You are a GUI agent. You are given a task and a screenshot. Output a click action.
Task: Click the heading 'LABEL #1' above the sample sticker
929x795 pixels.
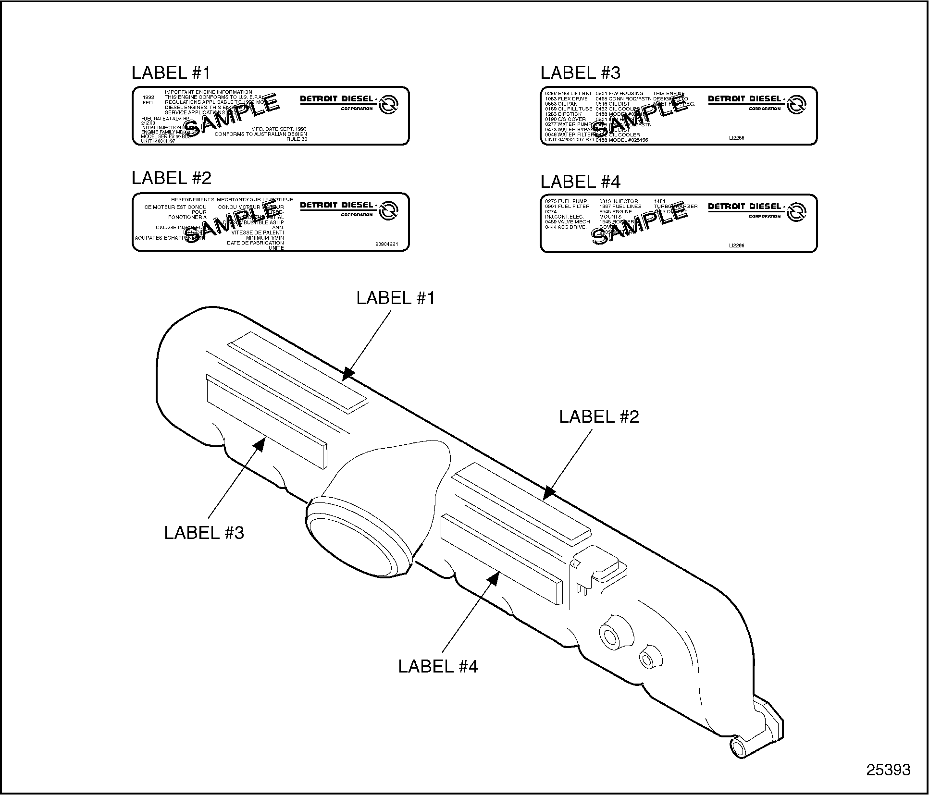171,73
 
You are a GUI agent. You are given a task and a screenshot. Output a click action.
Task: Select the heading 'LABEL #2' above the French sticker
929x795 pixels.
171,178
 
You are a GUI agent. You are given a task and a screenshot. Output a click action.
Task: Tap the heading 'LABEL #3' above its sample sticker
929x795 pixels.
580,73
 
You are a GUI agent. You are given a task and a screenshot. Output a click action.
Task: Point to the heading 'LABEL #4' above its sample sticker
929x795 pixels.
580,182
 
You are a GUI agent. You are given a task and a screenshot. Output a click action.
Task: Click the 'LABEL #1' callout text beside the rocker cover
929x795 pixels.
395,298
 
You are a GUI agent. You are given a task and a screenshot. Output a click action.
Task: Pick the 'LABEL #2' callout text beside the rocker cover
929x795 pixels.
599,416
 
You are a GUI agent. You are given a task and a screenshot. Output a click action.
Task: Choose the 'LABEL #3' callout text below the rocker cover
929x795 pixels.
204,533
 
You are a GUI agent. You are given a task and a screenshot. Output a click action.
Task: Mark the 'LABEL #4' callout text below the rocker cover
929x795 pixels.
438,666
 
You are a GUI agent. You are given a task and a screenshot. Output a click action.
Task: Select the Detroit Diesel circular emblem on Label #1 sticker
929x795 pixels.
388,105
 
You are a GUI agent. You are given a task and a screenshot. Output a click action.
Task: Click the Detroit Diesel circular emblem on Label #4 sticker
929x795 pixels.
796,212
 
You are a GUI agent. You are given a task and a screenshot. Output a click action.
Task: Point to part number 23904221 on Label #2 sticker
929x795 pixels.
386,244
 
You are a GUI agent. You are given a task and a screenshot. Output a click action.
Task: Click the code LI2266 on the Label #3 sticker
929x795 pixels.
736,138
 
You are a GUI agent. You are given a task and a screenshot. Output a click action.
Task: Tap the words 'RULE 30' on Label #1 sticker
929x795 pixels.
297,139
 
